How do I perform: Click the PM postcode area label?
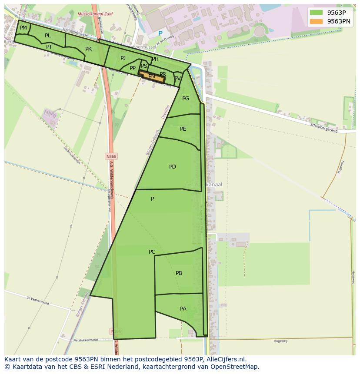coord(23,28)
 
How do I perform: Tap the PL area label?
coord(47,36)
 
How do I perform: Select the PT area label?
coord(49,47)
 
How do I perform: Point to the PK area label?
coord(88,49)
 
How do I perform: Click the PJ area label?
coord(123,58)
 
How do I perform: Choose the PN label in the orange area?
coord(152,77)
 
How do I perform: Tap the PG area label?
coord(186,99)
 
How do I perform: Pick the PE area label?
coord(183,129)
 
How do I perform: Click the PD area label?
coord(173,167)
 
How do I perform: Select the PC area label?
coord(152,252)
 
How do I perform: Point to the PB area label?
coord(179,273)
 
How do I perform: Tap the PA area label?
coord(183,309)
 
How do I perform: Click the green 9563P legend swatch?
coord(316,13)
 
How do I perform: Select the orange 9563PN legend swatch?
coord(316,21)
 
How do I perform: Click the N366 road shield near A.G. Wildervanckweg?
coord(111,156)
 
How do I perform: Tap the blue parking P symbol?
coord(160,33)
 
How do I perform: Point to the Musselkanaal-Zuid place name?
coord(95,14)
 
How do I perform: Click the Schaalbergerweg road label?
coord(323,128)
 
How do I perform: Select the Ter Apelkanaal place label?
coord(204,185)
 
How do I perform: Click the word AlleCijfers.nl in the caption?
coord(226,359)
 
